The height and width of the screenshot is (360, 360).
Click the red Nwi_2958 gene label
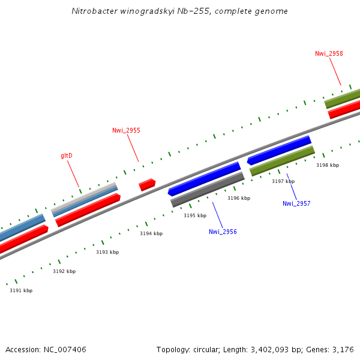pos(329,53)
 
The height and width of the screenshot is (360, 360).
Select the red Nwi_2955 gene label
pos(126,130)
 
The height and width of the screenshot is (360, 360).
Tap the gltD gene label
pos(66,156)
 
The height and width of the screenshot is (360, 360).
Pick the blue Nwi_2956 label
pos(223,232)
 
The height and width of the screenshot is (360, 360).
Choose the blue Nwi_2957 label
pos(296,203)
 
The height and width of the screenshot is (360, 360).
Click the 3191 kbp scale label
pos(21,290)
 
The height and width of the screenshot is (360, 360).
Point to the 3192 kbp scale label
pos(64,271)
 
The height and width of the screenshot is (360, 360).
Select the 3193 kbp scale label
pos(107,252)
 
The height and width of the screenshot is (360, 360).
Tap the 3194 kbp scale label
pos(151,233)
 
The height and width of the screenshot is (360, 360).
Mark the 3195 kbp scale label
pos(195,215)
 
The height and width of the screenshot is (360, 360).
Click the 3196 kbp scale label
pos(239,198)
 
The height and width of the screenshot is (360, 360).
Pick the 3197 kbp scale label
pos(283,181)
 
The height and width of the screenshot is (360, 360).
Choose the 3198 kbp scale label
pos(328,165)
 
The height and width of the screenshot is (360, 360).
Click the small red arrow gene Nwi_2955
pos(147,185)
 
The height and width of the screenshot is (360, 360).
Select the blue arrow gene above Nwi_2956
pos(204,179)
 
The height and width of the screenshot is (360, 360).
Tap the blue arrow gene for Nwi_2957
pos(279,151)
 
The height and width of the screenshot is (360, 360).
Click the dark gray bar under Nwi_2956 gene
pos(208,190)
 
